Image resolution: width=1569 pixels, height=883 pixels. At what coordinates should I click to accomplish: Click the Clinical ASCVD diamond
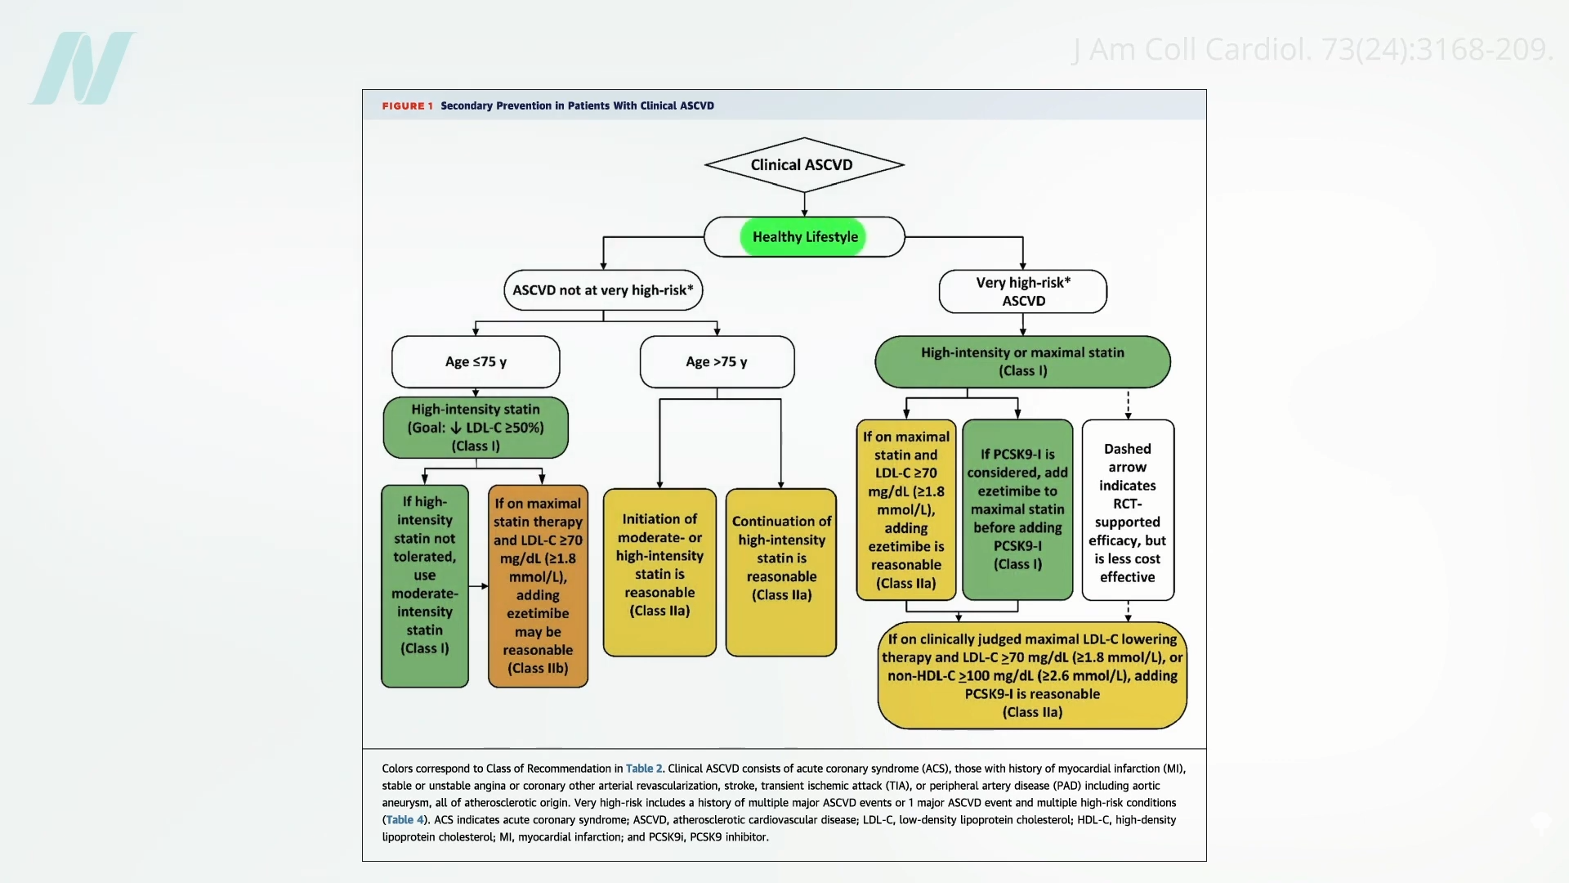[804, 165]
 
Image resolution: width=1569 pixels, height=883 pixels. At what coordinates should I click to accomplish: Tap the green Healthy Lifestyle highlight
[803, 237]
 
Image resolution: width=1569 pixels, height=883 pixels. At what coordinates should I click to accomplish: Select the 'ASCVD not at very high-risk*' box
[603, 290]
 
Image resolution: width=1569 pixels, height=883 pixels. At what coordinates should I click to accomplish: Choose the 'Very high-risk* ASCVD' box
[1023, 292]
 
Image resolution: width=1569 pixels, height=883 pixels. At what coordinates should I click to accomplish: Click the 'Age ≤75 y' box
[476, 361]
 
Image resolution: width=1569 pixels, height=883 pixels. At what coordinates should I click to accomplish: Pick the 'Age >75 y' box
[717, 361]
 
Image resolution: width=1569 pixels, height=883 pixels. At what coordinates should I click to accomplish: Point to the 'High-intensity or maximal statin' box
[1022, 361]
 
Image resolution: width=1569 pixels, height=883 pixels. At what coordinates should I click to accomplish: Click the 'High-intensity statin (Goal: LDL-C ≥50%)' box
[476, 428]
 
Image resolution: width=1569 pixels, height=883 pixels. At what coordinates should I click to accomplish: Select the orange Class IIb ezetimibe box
[538, 586]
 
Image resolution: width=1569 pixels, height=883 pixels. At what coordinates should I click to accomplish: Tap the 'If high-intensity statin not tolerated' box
[425, 586]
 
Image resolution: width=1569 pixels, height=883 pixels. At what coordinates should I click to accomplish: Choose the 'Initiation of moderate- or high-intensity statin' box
[659, 572]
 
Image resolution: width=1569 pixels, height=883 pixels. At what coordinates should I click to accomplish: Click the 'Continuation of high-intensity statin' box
[781, 572]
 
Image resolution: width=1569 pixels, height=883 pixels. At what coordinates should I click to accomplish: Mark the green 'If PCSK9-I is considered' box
[1017, 509]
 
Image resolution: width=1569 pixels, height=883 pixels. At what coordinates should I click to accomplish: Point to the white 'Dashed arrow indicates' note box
[1128, 511]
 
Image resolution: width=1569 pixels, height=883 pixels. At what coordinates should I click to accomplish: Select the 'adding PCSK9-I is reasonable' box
[1032, 675]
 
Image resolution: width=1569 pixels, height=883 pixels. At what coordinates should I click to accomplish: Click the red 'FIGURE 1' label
[407, 106]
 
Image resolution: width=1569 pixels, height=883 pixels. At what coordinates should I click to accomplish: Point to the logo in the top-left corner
[83, 69]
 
